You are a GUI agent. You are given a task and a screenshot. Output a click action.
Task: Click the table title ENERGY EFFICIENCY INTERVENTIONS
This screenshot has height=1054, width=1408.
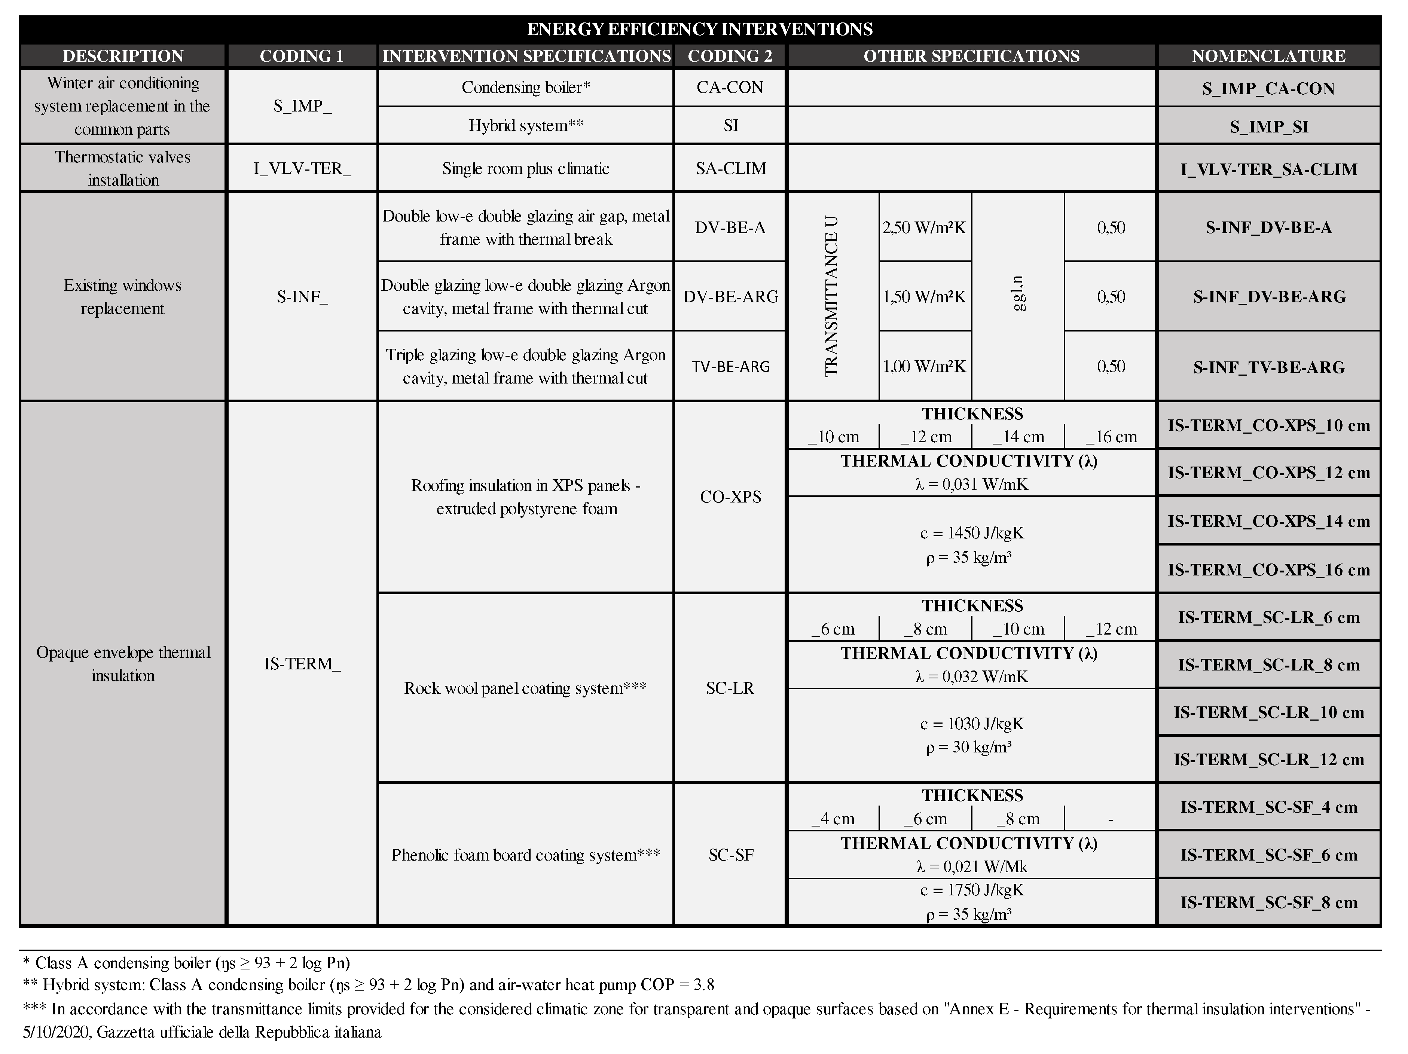tap(700, 29)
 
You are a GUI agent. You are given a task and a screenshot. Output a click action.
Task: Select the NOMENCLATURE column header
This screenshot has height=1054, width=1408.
tap(1268, 56)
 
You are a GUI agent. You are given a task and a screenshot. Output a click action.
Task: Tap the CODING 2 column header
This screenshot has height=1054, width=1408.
tap(730, 56)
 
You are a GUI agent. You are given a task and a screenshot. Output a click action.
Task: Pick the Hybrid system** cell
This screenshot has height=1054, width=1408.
tap(526, 125)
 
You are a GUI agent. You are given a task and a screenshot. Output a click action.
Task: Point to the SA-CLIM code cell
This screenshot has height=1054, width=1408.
tap(730, 169)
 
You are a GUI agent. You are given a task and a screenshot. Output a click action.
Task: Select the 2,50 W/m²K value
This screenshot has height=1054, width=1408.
tap(924, 227)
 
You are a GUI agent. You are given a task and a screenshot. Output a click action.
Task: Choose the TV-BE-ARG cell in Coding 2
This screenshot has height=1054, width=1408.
tap(730, 367)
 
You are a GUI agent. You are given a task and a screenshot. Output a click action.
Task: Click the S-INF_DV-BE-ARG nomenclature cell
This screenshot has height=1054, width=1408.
tap(1268, 297)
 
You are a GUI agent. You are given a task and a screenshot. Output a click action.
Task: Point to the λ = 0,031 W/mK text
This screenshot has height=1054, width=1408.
tap(971, 485)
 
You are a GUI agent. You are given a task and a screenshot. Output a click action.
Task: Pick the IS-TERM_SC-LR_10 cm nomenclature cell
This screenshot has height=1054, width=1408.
tap(1268, 712)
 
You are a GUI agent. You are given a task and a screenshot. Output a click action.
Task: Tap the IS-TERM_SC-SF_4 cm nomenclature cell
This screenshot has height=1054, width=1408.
tap(1268, 807)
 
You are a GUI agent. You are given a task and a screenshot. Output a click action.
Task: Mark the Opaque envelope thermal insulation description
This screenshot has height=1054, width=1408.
tap(123, 663)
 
